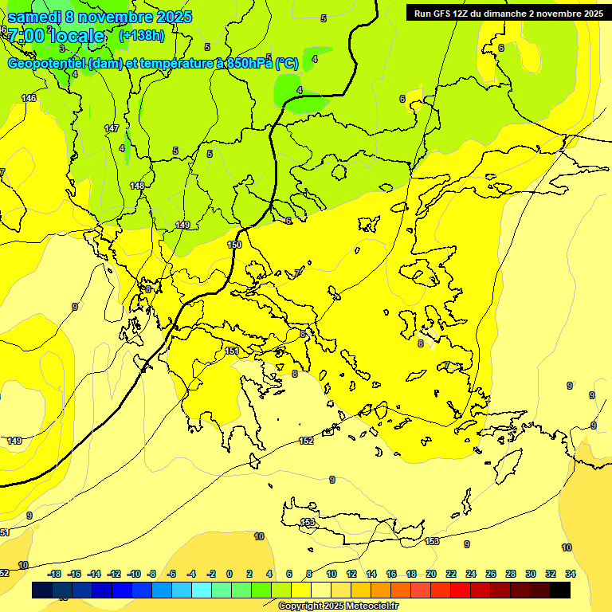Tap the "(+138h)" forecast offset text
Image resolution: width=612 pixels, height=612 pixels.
(141, 36)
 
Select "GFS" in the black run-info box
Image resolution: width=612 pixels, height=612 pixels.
(441, 14)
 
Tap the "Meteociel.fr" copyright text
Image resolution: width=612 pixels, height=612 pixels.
(367, 606)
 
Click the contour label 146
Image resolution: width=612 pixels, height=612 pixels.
(29, 98)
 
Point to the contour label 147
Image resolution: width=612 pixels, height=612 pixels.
(112, 128)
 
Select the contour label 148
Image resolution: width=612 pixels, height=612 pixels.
(137, 186)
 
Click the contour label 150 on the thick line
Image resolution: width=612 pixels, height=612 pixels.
(234, 245)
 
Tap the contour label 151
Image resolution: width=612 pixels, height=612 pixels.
(232, 351)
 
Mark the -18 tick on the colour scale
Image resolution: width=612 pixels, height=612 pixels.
(55, 574)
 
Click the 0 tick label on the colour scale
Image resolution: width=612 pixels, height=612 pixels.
(229, 574)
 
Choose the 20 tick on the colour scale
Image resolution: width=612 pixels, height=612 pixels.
(430, 574)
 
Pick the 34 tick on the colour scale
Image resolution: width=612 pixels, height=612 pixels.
(571, 574)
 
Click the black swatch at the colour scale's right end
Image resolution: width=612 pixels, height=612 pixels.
(560, 590)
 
